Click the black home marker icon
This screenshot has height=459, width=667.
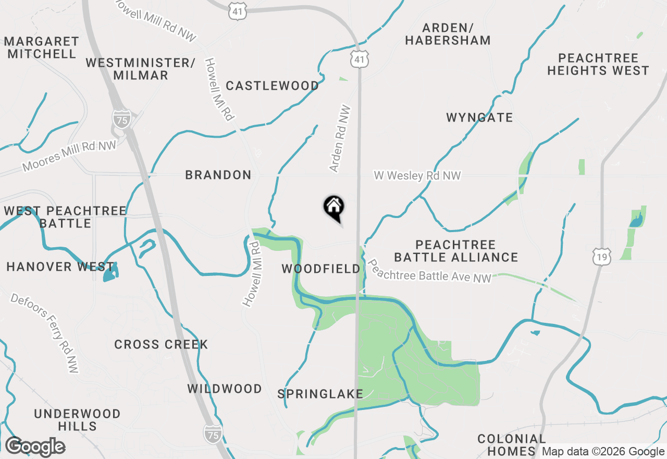[333, 207]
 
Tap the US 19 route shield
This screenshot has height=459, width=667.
[602, 257]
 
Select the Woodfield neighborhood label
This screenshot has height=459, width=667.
[321, 269]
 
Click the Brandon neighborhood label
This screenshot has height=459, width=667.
[218, 175]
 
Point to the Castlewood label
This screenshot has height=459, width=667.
[273, 86]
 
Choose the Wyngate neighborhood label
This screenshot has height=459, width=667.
[479, 118]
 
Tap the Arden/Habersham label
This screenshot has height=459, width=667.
[448, 34]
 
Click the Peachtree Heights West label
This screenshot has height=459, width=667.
[598, 64]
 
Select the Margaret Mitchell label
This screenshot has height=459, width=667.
[42, 47]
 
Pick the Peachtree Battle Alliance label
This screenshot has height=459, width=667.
[456, 251]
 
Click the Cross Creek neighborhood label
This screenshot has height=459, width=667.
[161, 345]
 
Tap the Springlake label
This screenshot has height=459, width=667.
[320, 394]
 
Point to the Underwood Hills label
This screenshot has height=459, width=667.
[77, 420]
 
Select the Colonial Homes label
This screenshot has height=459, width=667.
[512, 445]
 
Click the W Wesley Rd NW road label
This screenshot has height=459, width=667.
[417, 176]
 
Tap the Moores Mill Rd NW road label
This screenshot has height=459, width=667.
[69, 156]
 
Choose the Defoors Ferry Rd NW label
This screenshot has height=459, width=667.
[45, 332]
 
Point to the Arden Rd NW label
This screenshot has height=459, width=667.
[339, 139]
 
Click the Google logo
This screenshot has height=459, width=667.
[35, 447]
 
